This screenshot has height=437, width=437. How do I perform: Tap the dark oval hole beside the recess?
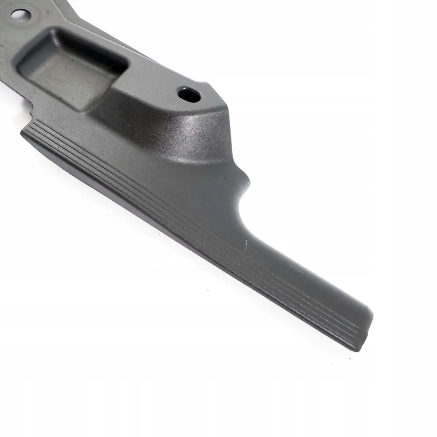(x=189, y=95)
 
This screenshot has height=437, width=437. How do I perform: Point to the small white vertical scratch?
(x=246, y=243)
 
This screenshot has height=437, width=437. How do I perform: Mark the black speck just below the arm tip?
(x=350, y=359)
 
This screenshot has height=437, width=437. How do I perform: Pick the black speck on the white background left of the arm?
(x=207, y=290)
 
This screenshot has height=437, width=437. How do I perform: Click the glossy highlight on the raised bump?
(x=202, y=123)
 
